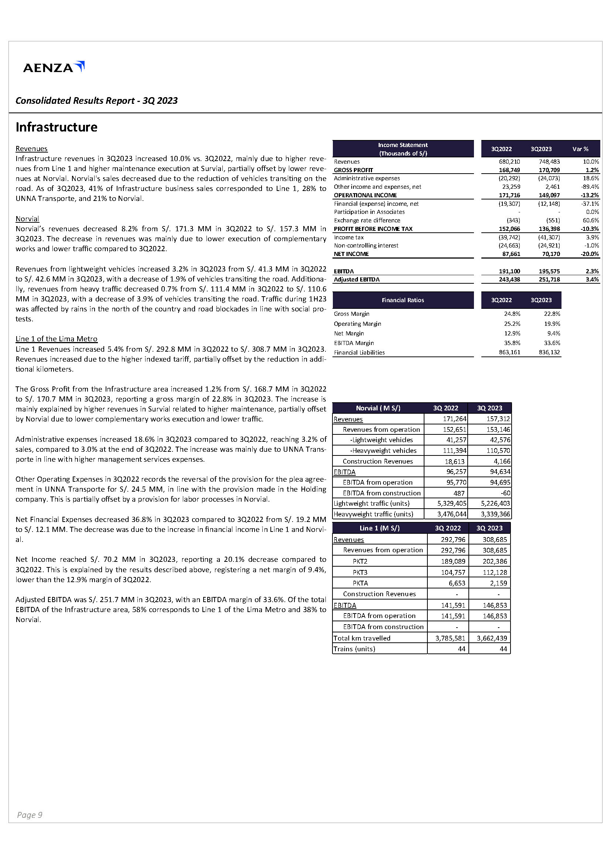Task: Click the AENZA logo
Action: (54, 67)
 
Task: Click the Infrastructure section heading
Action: (57, 127)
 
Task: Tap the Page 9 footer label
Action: (29, 815)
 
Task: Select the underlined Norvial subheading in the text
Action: (27, 219)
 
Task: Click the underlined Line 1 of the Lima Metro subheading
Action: (57, 339)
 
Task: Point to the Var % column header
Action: (580, 149)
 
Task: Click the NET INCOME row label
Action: (351, 254)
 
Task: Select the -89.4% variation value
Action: (590, 187)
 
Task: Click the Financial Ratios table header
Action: (403, 300)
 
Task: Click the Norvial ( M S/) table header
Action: (378, 408)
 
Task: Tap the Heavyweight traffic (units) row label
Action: (373, 514)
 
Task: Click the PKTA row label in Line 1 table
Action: (360, 583)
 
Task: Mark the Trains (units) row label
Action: (354, 649)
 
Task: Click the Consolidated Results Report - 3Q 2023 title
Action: (96, 100)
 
